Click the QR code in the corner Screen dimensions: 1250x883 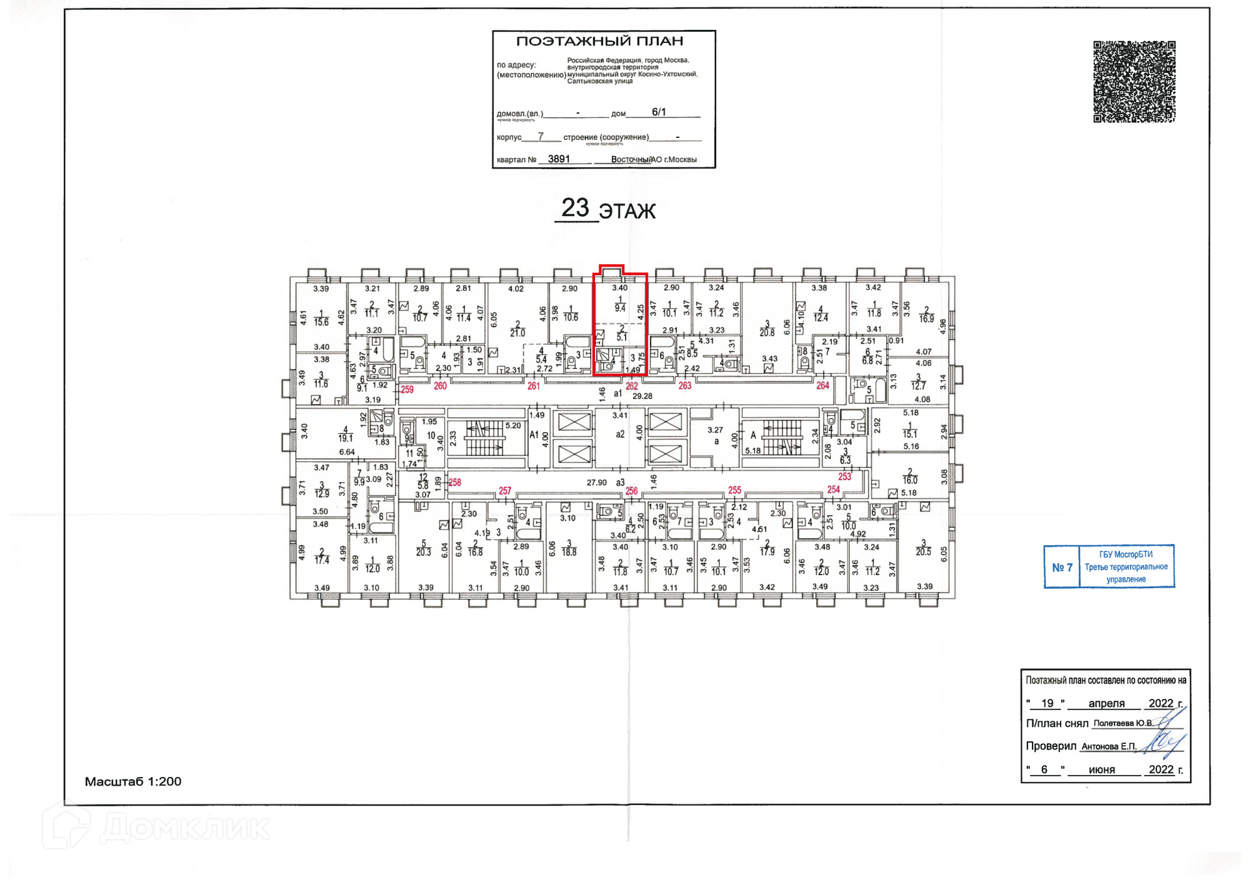(x=1133, y=82)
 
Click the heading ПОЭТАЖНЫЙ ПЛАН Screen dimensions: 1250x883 (x=600, y=42)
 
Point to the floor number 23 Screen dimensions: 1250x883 (x=575, y=208)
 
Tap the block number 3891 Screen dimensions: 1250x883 (x=559, y=159)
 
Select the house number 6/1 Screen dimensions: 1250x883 (x=659, y=112)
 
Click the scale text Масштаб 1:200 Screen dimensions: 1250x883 (x=133, y=781)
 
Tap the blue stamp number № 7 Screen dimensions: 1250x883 (x=1062, y=567)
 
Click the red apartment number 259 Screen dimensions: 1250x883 (x=407, y=390)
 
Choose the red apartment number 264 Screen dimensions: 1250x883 (x=823, y=386)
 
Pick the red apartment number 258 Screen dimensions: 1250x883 (x=454, y=483)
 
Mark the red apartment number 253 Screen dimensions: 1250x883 (x=844, y=477)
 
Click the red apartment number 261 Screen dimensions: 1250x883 (x=533, y=386)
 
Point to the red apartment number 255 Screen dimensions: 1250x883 (x=734, y=491)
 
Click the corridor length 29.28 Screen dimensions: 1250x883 (x=642, y=396)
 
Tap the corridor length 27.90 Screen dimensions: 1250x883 (x=596, y=483)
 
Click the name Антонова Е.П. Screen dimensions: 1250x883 (x=1109, y=746)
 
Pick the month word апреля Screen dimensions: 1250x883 (x=1106, y=703)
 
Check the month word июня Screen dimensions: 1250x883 (x=1102, y=770)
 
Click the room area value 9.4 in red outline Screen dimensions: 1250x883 (x=620, y=308)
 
